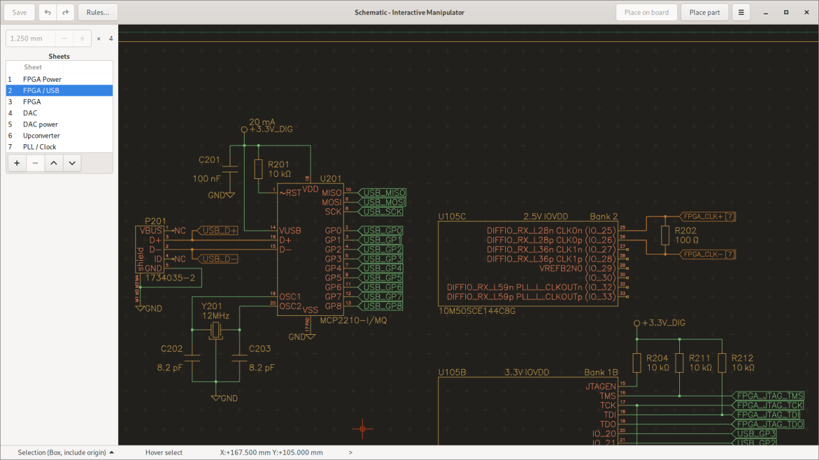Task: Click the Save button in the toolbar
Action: tap(20, 12)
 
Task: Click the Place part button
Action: tap(704, 12)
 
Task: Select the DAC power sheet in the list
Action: tap(41, 125)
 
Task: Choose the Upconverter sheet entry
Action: tap(41, 136)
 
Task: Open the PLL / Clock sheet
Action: tap(39, 147)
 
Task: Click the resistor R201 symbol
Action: tap(258, 169)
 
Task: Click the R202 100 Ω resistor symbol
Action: tap(665, 235)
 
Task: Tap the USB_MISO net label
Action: tap(384, 193)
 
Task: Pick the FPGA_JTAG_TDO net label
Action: tap(769, 424)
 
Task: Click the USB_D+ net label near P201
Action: tap(219, 231)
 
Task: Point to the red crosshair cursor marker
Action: tap(362, 429)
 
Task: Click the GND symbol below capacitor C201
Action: tap(230, 195)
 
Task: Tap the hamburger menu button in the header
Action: tap(741, 12)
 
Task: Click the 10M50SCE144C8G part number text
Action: tap(476, 311)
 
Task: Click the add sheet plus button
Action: tap(17, 163)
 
